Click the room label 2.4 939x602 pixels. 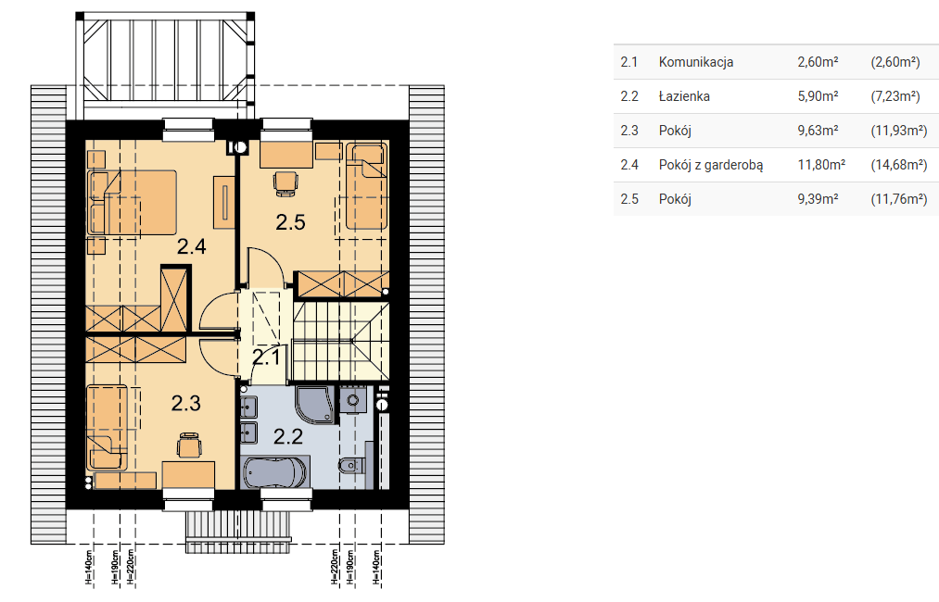(x=192, y=246)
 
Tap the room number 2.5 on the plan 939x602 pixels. (x=290, y=222)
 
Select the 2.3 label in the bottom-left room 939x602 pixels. (x=185, y=403)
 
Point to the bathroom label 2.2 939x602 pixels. (x=288, y=436)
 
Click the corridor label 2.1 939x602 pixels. (x=266, y=357)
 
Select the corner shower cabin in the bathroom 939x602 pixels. (x=315, y=405)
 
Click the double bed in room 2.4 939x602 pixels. (x=133, y=202)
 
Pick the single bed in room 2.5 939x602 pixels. (x=366, y=187)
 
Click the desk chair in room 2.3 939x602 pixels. (x=189, y=445)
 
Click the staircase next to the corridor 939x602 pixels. (x=340, y=341)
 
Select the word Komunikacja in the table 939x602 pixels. (x=696, y=62)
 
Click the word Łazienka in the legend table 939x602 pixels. (x=684, y=96)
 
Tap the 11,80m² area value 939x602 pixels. (x=821, y=165)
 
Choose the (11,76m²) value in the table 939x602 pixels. (x=899, y=199)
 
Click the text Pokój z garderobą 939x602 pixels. (x=711, y=165)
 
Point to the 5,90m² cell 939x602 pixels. (x=818, y=96)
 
